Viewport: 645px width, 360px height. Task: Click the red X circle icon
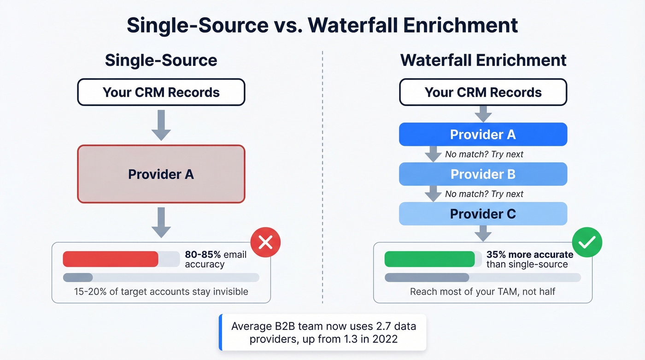pyautogui.click(x=265, y=242)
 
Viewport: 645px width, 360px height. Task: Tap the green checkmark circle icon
pyautogui.click(x=586, y=242)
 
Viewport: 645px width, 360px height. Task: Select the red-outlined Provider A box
pyautogui.click(x=161, y=174)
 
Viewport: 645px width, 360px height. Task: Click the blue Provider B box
pyautogui.click(x=483, y=174)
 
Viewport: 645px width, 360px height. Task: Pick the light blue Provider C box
pyautogui.click(x=483, y=214)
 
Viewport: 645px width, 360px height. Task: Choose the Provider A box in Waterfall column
pyautogui.click(x=483, y=135)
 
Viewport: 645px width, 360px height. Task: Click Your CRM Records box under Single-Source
pyautogui.click(x=161, y=92)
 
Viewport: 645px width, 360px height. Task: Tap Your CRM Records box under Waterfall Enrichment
pyautogui.click(x=483, y=92)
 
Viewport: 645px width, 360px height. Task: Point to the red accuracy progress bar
pyautogui.click(x=111, y=259)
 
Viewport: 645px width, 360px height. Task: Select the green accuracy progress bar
pyautogui.click(x=429, y=259)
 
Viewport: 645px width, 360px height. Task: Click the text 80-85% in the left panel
pyautogui.click(x=203, y=254)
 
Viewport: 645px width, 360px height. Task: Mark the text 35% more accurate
pyautogui.click(x=530, y=254)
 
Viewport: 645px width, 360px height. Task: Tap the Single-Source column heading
pyautogui.click(x=161, y=60)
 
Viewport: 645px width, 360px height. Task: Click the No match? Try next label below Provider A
pyautogui.click(x=484, y=154)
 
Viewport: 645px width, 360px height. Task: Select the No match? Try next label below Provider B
pyautogui.click(x=484, y=194)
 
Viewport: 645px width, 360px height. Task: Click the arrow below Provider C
pyautogui.click(x=483, y=233)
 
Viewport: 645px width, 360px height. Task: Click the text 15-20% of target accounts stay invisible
pyautogui.click(x=161, y=292)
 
